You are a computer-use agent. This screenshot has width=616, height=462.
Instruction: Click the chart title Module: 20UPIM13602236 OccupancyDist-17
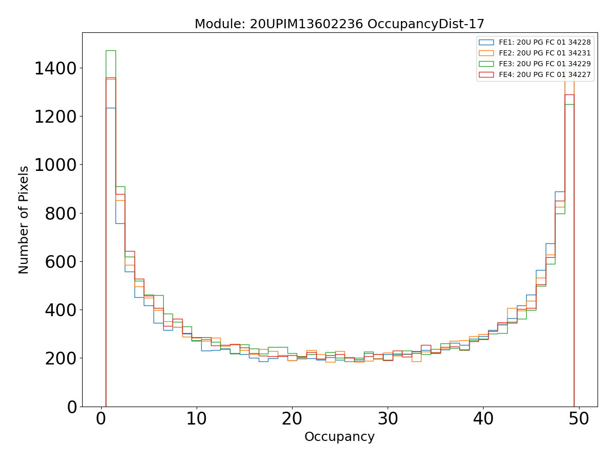[339, 24]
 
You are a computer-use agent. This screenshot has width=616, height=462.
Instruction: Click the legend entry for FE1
[545, 43]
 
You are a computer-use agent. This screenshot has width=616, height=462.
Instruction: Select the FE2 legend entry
[545, 53]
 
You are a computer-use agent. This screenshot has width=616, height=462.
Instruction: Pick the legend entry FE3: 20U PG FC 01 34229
[545, 64]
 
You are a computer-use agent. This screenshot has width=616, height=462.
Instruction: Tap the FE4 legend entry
[545, 75]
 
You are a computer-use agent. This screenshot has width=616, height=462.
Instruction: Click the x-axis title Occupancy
[339, 437]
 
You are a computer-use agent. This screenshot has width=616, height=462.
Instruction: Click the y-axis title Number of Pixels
[24, 220]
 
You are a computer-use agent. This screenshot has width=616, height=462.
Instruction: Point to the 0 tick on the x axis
[101, 419]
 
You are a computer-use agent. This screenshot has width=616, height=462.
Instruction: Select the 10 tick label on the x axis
[197, 419]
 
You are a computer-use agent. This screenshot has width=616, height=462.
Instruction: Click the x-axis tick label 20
[292, 419]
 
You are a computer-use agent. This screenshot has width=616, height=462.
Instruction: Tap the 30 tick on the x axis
[388, 419]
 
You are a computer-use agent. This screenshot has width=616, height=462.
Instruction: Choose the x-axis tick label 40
[483, 419]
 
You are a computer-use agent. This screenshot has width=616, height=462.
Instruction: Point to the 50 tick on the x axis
[579, 419]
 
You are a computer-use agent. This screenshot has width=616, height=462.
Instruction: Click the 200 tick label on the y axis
[61, 358]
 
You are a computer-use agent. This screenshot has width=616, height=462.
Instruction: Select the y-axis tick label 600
[61, 262]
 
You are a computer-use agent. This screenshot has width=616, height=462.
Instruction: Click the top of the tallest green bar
[110, 50]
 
